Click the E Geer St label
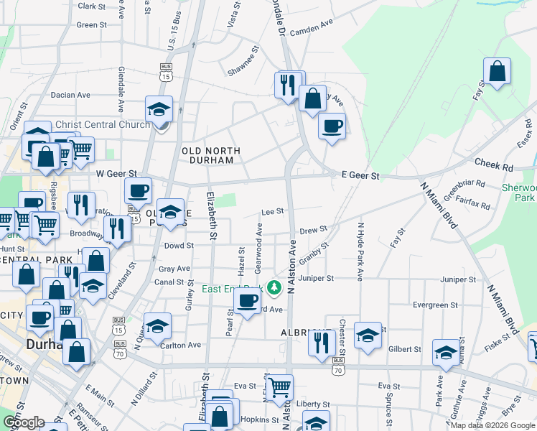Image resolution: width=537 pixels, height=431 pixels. pyautogui.click(x=360, y=175)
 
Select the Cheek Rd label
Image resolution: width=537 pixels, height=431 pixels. pyautogui.click(x=493, y=167)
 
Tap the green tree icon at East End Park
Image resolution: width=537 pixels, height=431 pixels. pyautogui.click(x=273, y=288)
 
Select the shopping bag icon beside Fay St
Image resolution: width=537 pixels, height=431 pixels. pyautogui.click(x=497, y=71)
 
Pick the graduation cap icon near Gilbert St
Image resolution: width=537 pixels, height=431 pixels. pyautogui.click(x=446, y=353)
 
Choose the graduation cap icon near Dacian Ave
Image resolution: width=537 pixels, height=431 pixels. pyautogui.click(x=159, y=109)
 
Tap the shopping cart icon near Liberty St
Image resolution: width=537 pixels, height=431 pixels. pyautogui.click(x=279, y=387)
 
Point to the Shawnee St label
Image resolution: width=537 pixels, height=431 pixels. pyautogui.click(x=242, y=65)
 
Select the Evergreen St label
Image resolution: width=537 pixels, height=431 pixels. pyautogui.click(x=431, y=305)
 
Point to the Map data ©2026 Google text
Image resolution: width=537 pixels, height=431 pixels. pyautogui.click(x=492, y=425)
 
